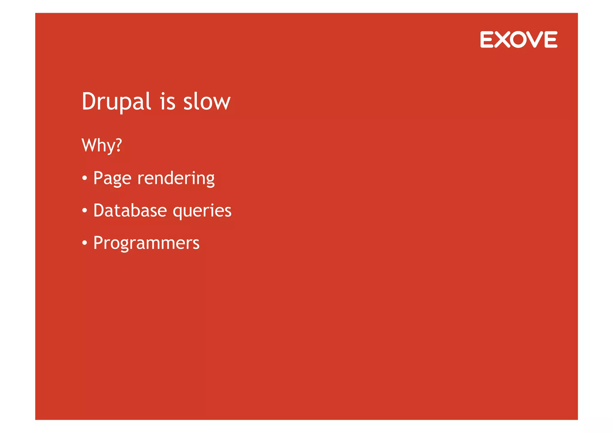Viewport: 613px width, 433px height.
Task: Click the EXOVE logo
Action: coord(518,39)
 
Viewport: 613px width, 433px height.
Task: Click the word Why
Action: coord(98,146)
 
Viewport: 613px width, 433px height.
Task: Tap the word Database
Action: coord(130,210)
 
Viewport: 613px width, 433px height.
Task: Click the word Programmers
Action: coord(146,243)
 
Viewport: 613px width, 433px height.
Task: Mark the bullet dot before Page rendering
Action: coord(85,179)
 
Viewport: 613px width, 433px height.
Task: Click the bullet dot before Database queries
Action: coord(85,211)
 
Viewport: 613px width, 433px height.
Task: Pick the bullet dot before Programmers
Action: coord(85,243)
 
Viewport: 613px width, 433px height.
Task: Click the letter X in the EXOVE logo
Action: coord(502,39)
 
